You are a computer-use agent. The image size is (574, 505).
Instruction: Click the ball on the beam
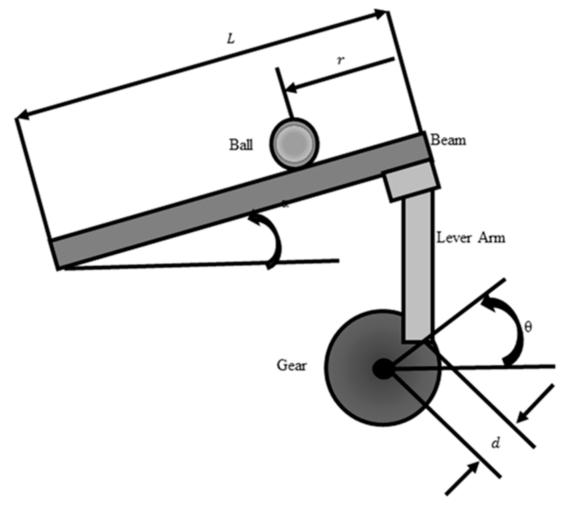coord(294,143)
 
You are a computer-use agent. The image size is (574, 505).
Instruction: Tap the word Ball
coord(241,145)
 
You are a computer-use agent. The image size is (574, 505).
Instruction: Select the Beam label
coord(448,140)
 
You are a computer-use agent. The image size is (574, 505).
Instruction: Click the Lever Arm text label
coord(471,238)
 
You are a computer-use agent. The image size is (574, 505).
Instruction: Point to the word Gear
coord(291,365)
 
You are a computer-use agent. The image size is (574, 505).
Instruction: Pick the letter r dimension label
coord(340,61)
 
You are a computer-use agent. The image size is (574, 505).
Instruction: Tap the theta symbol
coord(528,327)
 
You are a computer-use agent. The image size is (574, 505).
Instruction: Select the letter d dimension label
coord(496,443)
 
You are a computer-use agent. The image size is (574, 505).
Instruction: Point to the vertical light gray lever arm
coord(418,266)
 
